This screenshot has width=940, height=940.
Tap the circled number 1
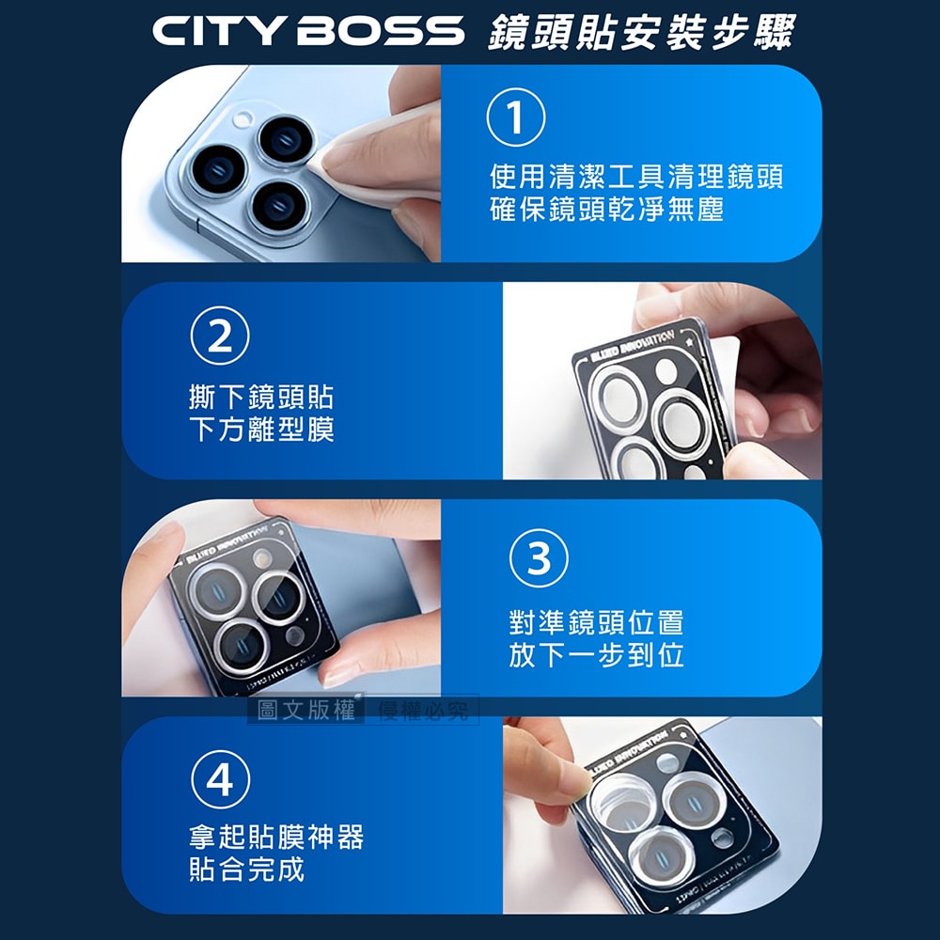point(514,120)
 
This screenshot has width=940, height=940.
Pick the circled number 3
point(539,558)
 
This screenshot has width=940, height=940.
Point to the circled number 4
point(219,780)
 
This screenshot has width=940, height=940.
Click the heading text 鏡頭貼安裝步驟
point(641,30)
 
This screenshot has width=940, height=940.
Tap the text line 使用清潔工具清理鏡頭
point(636,176)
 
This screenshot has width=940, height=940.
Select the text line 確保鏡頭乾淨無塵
point(606,209)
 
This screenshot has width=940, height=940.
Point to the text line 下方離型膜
point(260,430)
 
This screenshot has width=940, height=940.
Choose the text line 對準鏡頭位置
point(596,622)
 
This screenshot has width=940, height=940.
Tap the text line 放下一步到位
point(596,655)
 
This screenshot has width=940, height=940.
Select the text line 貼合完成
point(246,869)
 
